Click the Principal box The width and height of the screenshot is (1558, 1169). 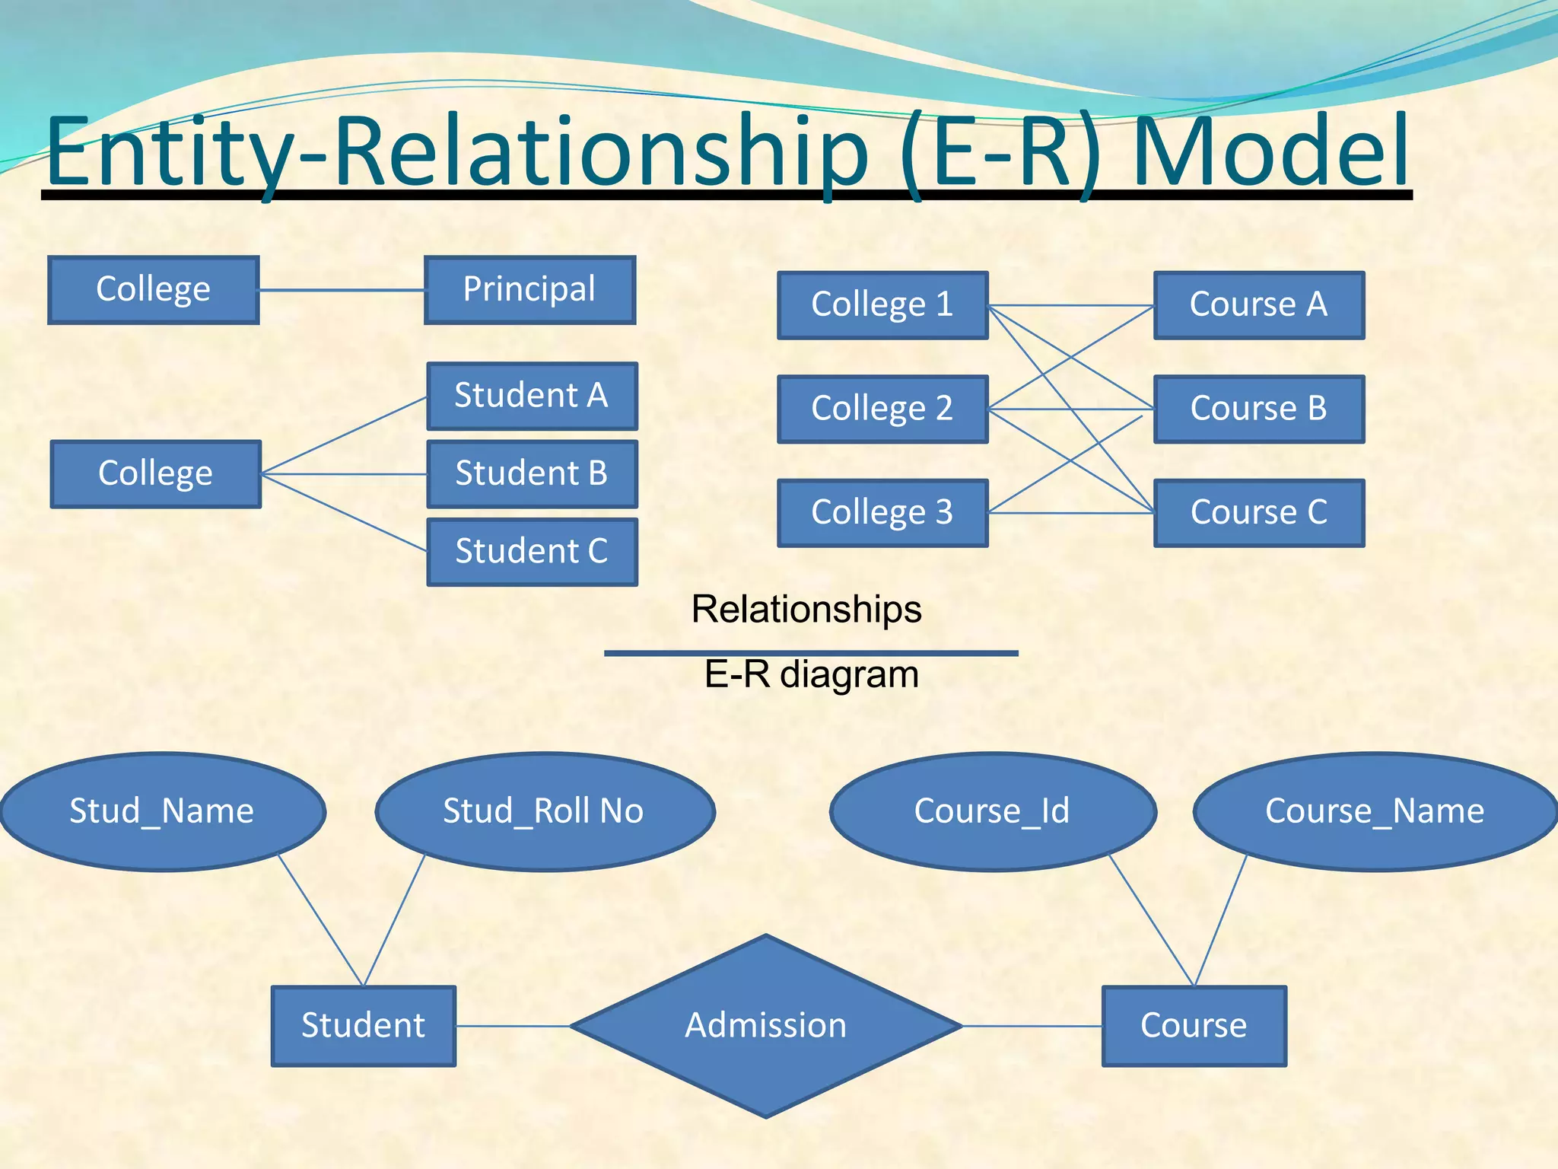point(529,290)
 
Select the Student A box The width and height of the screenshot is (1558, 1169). point(532,396)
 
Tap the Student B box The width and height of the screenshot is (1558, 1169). point(532,473)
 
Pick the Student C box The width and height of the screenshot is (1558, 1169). point(532,552)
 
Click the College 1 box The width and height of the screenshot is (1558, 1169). point(882,305)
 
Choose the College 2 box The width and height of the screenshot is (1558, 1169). point(882,409)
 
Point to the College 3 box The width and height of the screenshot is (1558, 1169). point(882,513)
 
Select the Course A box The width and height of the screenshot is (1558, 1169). point(1259,305)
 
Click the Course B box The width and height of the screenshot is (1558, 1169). point(1259,409)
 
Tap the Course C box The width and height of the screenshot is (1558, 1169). point(1259,513)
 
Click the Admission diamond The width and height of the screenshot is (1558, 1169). point(766,1026)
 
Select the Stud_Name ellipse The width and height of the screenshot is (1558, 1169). point(162,811)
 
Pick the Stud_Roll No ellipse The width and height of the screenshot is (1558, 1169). point(544,811)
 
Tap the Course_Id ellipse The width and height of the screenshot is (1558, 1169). point(992,811)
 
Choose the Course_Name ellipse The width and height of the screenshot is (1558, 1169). point(1375,811)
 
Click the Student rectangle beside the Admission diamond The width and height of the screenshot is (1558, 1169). point(364,1026)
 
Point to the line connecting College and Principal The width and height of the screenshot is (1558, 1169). point(342,290)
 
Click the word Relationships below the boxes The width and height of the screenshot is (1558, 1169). point(806,610)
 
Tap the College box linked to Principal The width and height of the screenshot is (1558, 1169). point(154,290)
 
